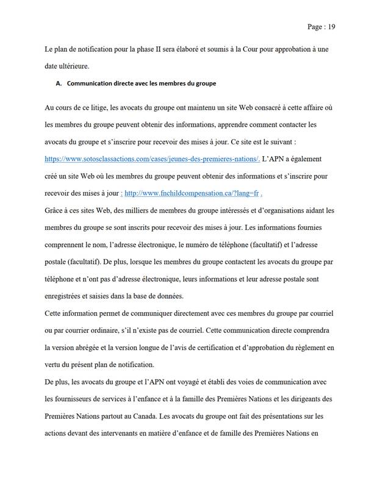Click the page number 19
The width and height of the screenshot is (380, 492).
[x=331, y=27]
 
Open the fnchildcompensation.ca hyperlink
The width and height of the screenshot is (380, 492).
[x=193, y=193]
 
